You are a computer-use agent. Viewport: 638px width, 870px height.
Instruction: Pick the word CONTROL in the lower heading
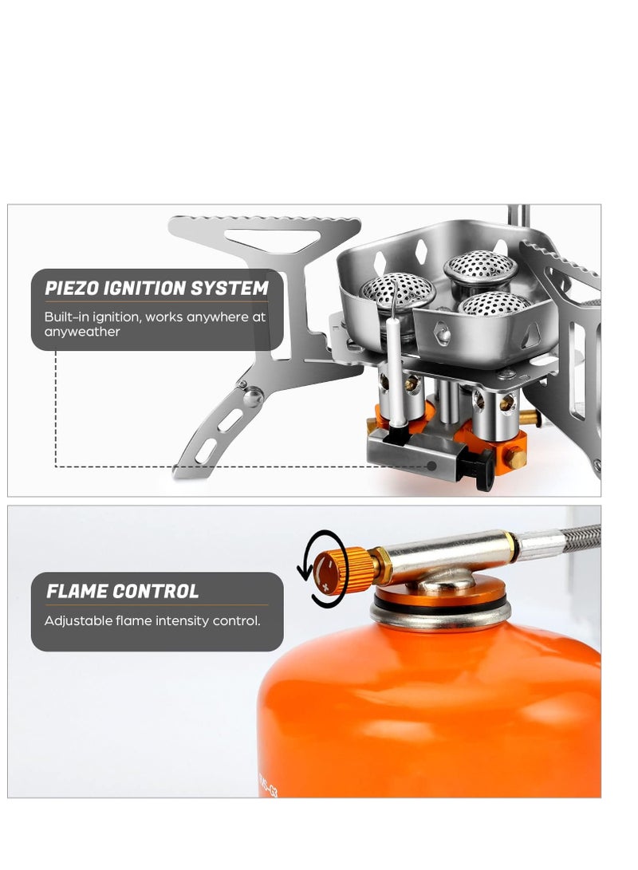click(156, 591)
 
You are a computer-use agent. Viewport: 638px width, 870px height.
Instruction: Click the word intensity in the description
click(181, 620)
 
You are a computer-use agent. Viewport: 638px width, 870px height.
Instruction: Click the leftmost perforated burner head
click(398, 288)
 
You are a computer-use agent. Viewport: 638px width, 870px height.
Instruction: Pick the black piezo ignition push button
click(483, 470)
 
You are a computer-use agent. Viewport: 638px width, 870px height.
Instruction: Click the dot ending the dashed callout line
click(431, 465)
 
